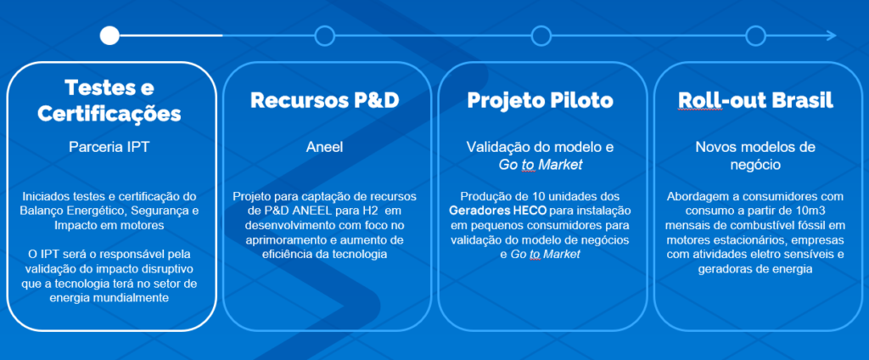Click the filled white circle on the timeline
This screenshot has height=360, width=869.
click(109, 36)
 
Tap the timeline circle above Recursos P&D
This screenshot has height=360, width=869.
click(324, 36)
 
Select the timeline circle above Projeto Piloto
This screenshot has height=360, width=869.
click(541, 36)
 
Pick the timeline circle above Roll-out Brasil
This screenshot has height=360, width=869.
click(755, 36)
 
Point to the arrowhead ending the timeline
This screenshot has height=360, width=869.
click(831, 36)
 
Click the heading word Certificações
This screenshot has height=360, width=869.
click(109, 113)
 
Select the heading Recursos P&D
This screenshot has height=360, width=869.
click(325, 100)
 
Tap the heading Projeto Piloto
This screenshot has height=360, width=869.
click(540, 100)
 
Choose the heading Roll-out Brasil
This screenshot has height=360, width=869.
click(756, 100)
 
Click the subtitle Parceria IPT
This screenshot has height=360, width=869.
click(109, 147)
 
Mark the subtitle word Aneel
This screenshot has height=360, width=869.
click(325, 147)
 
